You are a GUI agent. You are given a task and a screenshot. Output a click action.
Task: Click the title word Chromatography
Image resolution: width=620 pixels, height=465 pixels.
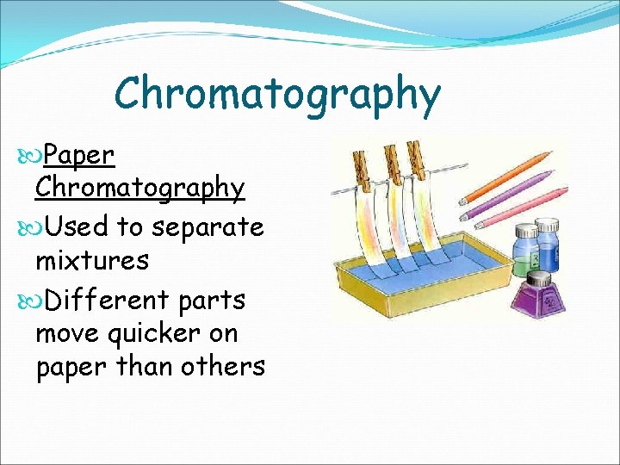(277, 95)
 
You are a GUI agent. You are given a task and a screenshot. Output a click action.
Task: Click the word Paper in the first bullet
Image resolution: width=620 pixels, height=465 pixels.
(78, 155)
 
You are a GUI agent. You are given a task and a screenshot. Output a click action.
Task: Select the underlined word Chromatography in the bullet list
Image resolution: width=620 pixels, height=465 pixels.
(139, 188)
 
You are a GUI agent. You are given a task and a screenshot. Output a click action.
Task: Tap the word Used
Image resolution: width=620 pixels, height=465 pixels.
(77, 227)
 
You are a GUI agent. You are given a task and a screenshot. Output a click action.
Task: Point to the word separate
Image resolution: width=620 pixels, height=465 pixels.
(208, 228)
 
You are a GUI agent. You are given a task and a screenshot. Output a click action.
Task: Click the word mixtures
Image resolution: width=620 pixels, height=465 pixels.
(92, 260)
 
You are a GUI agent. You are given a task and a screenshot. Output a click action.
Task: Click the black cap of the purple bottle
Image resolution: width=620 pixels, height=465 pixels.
(539, 278)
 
